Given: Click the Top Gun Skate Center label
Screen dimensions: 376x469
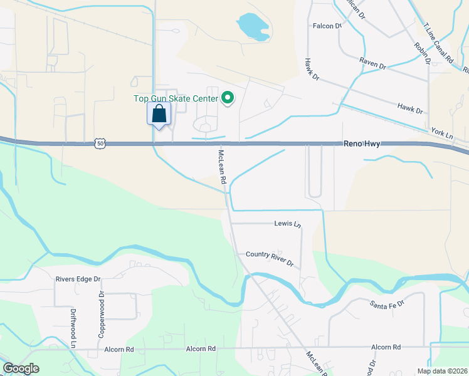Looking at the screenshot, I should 176,98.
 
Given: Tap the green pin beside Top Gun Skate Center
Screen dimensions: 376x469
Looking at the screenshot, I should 228,98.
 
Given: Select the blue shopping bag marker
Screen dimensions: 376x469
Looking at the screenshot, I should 159,115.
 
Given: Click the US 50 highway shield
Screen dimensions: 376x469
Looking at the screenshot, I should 101,144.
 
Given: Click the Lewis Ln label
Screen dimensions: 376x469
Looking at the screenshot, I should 288,224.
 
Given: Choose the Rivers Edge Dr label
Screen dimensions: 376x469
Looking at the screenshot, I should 78,279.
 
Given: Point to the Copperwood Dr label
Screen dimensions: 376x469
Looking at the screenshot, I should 100,315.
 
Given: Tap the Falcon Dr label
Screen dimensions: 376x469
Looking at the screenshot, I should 327,26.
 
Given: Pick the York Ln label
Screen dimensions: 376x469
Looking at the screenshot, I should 441,134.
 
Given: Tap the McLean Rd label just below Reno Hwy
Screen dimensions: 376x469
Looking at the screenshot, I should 222,166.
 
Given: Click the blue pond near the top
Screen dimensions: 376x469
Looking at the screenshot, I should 253,27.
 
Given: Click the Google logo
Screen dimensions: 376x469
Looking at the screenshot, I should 21,368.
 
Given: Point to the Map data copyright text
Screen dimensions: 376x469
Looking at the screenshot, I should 442,371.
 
